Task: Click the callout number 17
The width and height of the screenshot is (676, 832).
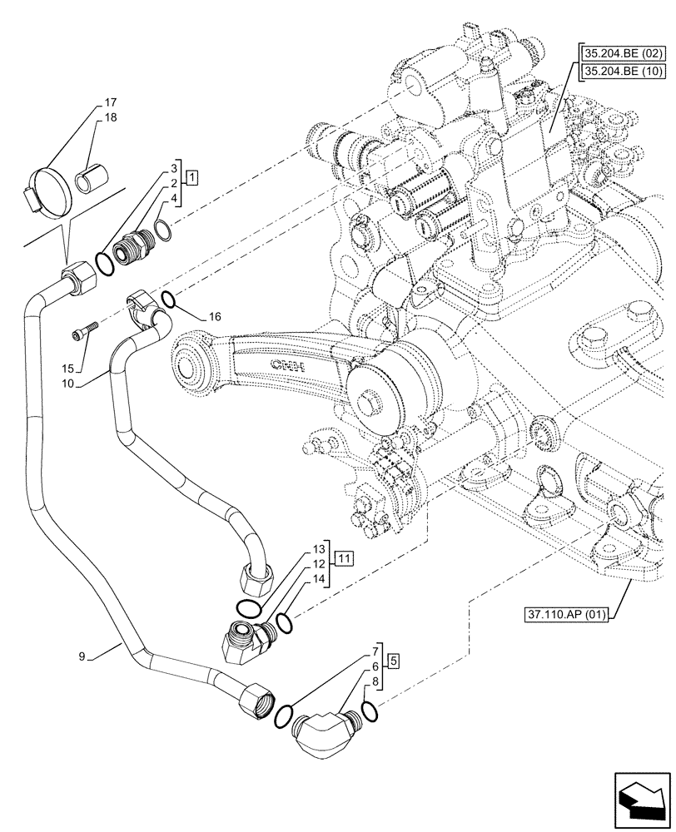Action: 110,103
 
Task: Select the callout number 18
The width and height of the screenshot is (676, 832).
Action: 110,117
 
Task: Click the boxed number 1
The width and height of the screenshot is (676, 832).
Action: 191,176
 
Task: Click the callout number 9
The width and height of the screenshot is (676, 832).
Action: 82,656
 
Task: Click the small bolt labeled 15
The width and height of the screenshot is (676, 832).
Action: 85,334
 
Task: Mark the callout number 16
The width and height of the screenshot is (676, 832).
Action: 215,317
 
